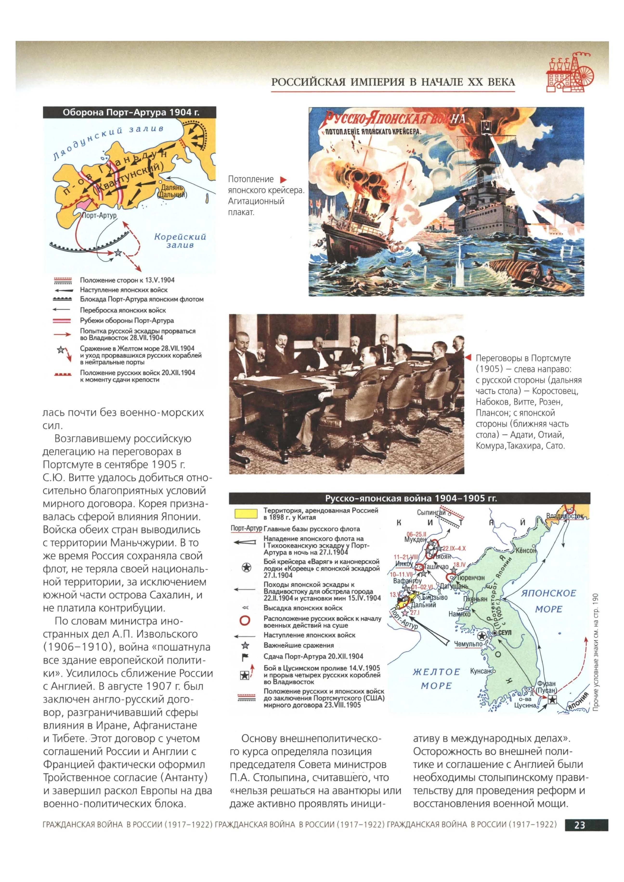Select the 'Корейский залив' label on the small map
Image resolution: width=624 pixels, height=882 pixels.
(x=180, y=240)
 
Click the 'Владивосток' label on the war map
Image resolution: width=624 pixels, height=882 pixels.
(x=565, y=516)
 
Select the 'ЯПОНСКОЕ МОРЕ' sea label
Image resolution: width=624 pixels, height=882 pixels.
(x=548, y=601)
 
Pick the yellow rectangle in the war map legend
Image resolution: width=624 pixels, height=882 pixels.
(x=246, y=514)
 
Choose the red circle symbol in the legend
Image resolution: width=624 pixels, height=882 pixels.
(x=245, y=620)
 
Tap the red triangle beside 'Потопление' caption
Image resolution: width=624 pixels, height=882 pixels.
(x=284, y=179)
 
